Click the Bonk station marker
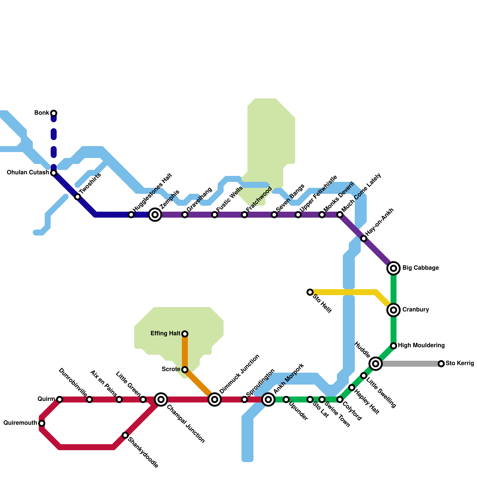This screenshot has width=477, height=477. tap(54, 113)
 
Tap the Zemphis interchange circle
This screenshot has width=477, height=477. tap(155, 215)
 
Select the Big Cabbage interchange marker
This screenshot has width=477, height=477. tap(394, 268)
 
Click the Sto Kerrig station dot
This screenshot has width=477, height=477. tap(441, 364)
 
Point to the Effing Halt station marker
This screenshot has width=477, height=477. tap(185, 334)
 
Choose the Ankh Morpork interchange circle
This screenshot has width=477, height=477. tap(268, 399)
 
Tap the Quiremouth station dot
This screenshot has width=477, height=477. tap(42, 423)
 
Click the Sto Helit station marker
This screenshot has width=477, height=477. tap(310, 292)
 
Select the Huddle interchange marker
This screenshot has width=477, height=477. tap(376, 364)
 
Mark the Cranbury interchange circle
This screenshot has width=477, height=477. tap(394, 310)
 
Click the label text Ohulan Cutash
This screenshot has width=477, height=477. tap(28, 173)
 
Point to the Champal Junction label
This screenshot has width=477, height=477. tap(185, 424)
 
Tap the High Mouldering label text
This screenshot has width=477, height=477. tap(421, 346)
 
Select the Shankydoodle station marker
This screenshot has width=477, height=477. tap(125, 435)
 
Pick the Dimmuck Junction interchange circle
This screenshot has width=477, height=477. tap(215, 399)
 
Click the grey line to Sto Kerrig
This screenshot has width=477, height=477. tap(411, 364)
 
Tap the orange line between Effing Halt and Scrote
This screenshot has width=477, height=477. tap(185, 352)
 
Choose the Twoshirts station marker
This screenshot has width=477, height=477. tap(78, 197)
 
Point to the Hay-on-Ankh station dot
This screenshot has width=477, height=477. tap(364, 238)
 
